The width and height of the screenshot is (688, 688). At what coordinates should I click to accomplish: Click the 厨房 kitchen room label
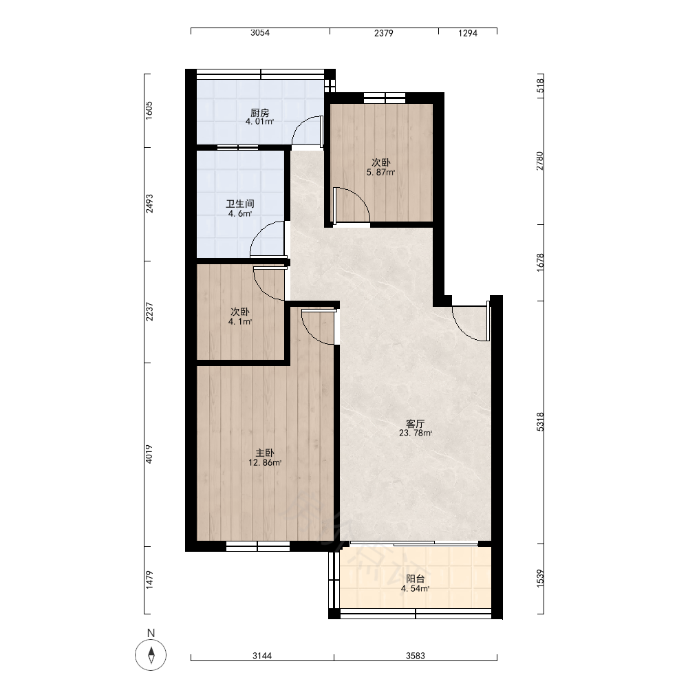260,113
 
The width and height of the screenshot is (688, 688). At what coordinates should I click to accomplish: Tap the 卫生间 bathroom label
240,204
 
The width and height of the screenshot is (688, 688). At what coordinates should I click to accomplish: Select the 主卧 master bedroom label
265,453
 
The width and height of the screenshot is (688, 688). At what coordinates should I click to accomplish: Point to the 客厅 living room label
415,424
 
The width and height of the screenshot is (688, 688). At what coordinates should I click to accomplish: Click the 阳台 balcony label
415,579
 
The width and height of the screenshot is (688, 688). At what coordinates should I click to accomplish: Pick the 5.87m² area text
381,173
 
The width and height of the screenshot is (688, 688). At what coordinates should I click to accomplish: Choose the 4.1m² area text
240,321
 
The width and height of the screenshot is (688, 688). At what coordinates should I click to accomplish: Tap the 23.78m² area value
416,433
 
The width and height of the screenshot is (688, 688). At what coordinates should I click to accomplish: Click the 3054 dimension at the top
260,33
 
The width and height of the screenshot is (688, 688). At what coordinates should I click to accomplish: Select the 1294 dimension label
468,33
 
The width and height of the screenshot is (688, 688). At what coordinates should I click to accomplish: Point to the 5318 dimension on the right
540,422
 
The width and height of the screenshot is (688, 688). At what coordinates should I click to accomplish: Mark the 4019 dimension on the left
149,454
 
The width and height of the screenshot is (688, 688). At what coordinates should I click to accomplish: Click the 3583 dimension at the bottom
415,656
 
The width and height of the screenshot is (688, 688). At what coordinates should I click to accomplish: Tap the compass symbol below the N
151,655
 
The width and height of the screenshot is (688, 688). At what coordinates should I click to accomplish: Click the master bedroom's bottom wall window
258,546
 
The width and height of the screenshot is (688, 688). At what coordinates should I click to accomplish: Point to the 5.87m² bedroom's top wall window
385,98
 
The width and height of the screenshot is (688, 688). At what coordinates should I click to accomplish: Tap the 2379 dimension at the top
383,33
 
